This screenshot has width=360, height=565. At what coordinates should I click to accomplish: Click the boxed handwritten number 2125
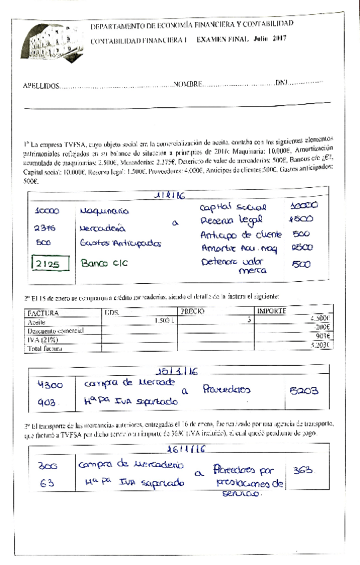click(47, 264)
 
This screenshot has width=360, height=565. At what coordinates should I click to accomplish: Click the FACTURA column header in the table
click(42, 312)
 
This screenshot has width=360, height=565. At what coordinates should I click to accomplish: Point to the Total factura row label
click(44, 348)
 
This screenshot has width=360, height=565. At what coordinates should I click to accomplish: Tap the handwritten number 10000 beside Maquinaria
click(47, 211)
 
